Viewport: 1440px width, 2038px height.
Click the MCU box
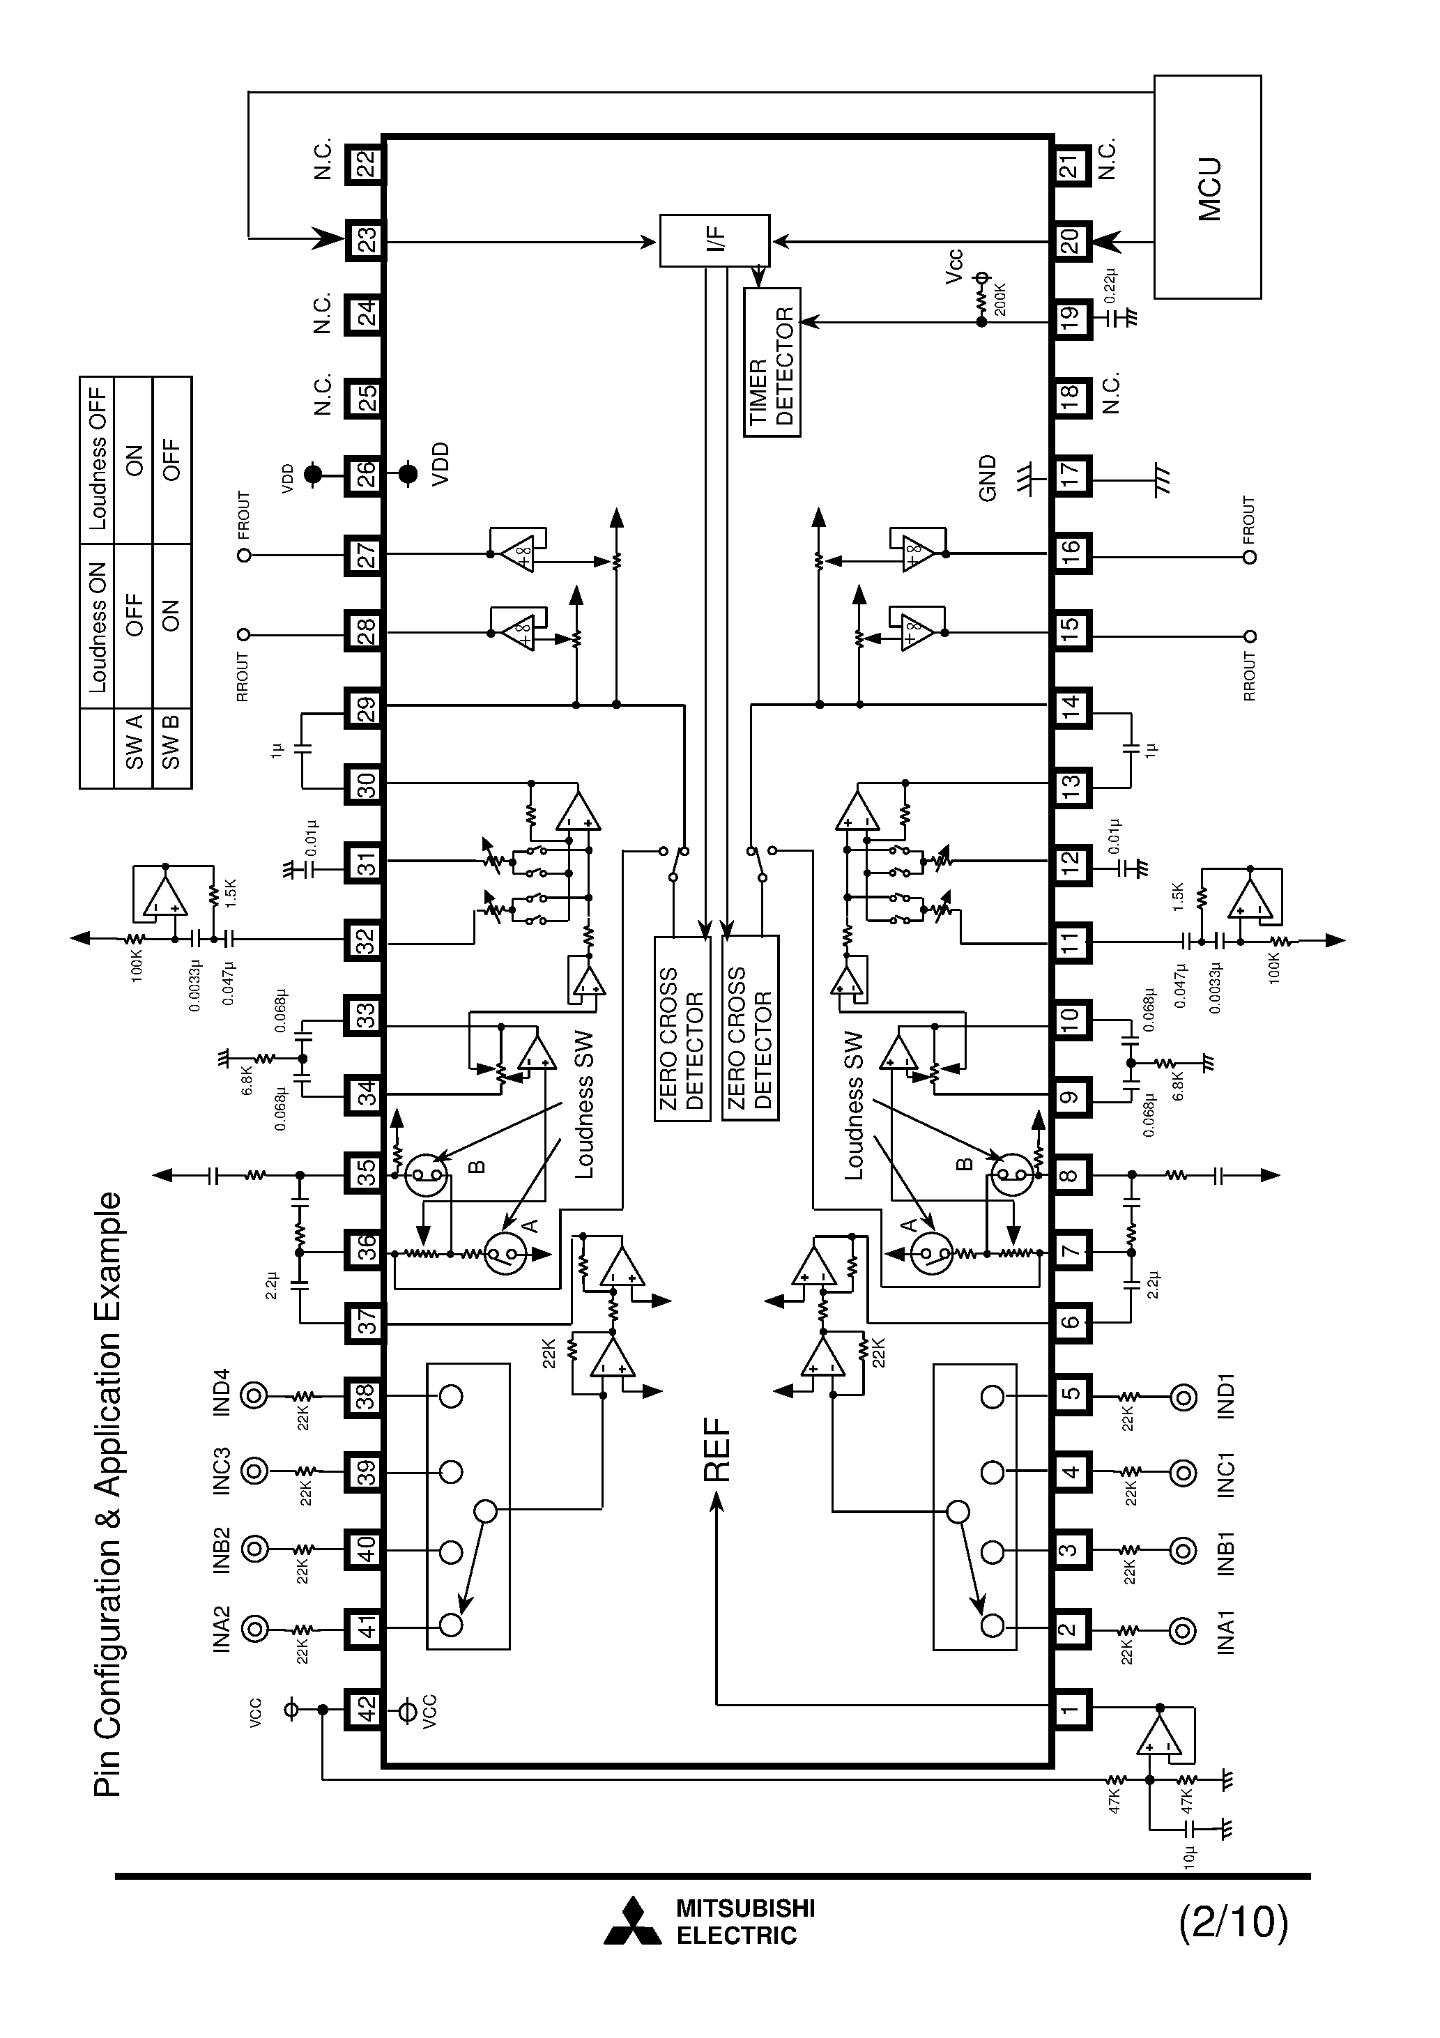click(x=1207, y=186)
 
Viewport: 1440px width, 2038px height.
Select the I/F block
click(x=714, y=240)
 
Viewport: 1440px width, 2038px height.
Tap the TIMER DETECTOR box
click(x=772, y=362)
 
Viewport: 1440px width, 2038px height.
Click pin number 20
click(x=1071, y=240)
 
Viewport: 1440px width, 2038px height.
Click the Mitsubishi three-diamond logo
click(x=633, y=1922)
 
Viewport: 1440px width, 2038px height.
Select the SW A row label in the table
click(x=134, y=743)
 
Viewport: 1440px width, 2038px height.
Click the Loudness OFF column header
click(x=98, y=460)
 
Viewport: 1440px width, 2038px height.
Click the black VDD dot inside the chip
click(x=408, y=474)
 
